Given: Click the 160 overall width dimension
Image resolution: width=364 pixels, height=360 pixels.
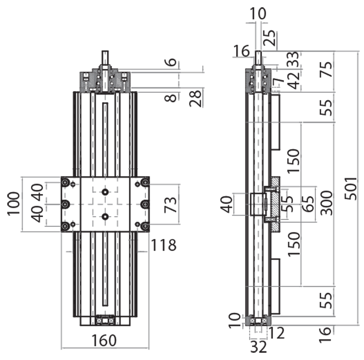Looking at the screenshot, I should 104,340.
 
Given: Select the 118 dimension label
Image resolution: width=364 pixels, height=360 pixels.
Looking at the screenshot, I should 163,246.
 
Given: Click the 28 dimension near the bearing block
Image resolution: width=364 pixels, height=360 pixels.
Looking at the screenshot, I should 196,97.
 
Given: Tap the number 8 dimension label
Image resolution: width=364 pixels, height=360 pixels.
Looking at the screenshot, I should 170,97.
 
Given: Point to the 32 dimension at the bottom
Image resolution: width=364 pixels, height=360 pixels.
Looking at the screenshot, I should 258,347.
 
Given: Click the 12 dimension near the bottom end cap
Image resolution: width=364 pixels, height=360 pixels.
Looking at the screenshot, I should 277,333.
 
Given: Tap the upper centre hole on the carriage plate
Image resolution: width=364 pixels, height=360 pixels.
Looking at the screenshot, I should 106,193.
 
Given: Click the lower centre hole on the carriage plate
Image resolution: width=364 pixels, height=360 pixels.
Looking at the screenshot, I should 106,217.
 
